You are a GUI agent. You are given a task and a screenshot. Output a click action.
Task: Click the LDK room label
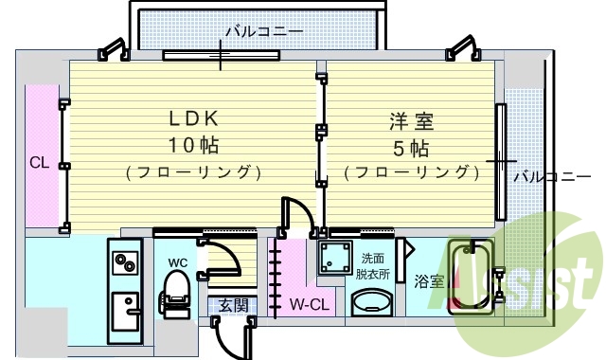193,118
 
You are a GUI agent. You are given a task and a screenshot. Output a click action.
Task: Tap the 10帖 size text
193,146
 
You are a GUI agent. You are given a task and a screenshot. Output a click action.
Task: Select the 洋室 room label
410,121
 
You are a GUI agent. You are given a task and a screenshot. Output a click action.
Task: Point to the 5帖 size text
410,148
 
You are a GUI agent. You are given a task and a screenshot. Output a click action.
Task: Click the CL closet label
39,162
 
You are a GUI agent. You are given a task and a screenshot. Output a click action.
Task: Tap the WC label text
178,261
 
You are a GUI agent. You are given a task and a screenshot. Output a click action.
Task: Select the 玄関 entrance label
233,305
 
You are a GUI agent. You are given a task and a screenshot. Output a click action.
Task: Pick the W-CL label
309,305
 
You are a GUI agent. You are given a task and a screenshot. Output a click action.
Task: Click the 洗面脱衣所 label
371,266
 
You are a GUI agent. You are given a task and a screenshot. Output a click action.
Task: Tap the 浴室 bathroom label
429,281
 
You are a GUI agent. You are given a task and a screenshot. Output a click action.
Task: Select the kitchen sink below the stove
124,310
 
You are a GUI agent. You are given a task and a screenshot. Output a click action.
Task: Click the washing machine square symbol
335,256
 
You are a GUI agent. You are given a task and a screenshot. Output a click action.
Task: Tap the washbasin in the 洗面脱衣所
372,303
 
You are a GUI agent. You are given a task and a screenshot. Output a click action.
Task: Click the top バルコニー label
264,31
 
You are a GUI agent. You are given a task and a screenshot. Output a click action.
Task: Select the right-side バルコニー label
544,176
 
